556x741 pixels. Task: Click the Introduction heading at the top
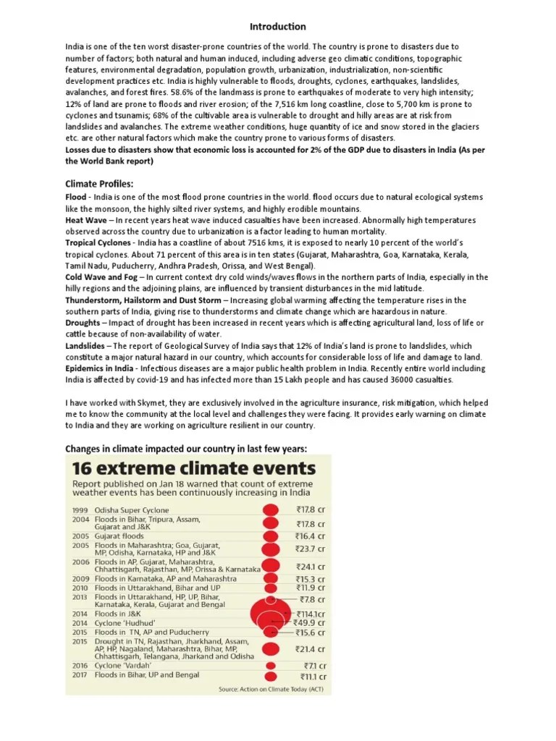[278, 27]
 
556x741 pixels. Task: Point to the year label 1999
[80, 510]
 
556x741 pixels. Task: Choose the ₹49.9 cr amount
[310, 622]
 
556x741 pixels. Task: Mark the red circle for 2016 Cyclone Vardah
[271, 665]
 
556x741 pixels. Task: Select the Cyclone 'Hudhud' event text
[125, 622]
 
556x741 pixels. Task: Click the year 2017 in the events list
[80, 675]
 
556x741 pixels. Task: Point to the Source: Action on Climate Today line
[271, 689]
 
